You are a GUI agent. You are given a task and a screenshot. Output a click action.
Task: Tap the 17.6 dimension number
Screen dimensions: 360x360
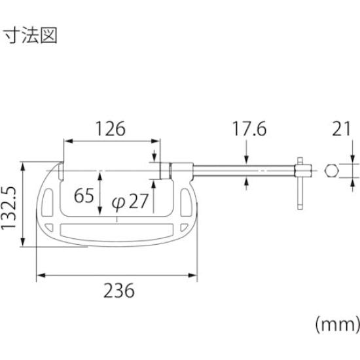pyautogui.click(x=249, y=130)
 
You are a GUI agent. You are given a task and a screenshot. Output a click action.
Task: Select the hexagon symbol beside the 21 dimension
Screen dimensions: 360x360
pyautogui.click(x=331, y=171)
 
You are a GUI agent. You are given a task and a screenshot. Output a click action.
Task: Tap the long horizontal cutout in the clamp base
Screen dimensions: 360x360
pyautogui.click(x=115, y=232)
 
